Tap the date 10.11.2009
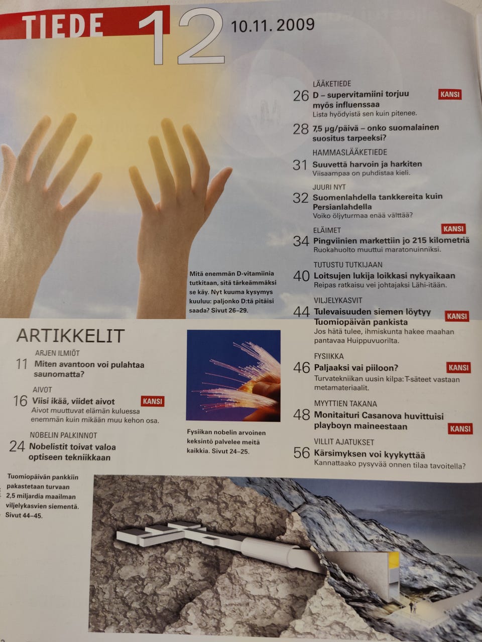coord(273,26)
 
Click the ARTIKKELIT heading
coord(70,336)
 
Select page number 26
coord(301,96)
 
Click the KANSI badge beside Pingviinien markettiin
coord(453,229)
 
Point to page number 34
coord(301,241)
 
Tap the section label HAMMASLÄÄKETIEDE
coord(350,152)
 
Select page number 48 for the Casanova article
coord(301,415)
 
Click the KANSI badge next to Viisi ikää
coord(153,401)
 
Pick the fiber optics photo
coord(233,376)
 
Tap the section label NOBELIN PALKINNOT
coord(63,435)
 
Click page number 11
coord(22,365)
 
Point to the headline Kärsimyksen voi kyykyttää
coord(370,455)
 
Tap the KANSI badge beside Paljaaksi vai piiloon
coord(458,367)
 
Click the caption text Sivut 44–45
coord(24,516)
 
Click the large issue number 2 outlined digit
coord(201,37)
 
